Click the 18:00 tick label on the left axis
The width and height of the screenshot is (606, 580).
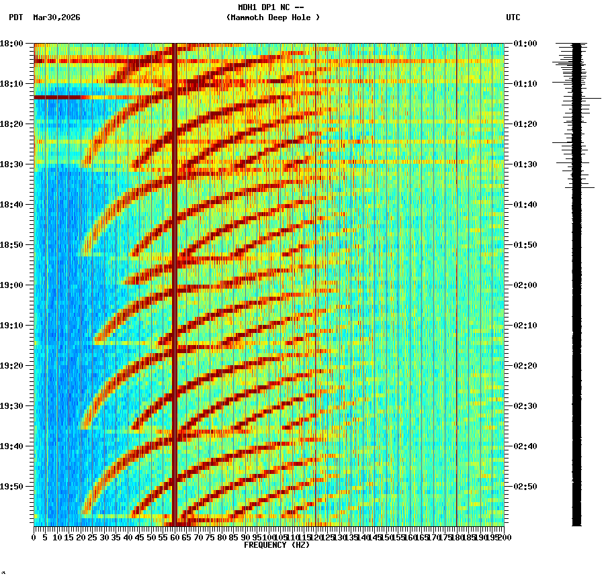pyautogui.click(x=11, y=44)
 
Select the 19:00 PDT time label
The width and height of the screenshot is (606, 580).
pyautogui.click(x=11, y=285)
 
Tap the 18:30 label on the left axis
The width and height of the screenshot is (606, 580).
pyautogui.click(x=11, y=164)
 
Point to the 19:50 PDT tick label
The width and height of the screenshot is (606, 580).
pyautogui.click(x=11, y=487)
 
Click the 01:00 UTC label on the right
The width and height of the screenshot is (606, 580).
pyautogui.click(x=525, y=44)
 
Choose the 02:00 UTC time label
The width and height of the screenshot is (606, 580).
pyautogui.click(x=525, y=285)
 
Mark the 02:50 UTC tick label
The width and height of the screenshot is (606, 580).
pyautogui.click(x=525, y=487)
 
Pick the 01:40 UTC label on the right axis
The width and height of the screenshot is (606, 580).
pyautogui.click(x=525, y=205)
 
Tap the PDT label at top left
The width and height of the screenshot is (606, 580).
pyautogui.click(x=16, y=17)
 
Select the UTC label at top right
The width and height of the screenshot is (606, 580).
pyautogui.click(x=513, y=17)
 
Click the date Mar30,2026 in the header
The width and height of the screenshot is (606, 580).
pyautogui.click(x=56, y=17)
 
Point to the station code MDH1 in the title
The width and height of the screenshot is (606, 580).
pyautogui.click(x=248, y=7)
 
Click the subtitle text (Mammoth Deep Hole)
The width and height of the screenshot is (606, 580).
pyautogui.click(x=273, y=17)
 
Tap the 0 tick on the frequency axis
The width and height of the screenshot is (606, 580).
pyautogui.click(x=34, y=537)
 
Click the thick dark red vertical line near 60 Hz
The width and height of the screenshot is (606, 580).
pyautogui.click(x=175, y=282)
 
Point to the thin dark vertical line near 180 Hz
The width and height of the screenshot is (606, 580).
pyautogui.click(x=457, y=282)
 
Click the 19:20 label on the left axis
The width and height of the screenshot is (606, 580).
pyautogui.click(x=11, y=366)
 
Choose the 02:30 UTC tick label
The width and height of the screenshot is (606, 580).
pyautogui.click(x=525, y=406)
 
